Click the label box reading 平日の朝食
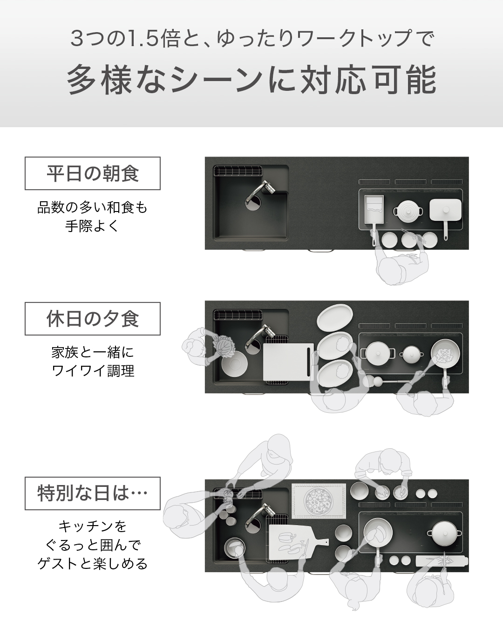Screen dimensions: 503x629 (92, 173)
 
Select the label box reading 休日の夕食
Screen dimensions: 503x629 (92, 319)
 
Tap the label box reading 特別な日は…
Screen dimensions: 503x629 (92, 493)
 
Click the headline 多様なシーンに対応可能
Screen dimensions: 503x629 (251, 80)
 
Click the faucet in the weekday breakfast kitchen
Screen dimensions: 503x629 (260, 193)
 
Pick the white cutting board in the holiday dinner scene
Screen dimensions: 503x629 (288, 362)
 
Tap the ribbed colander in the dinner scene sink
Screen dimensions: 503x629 (234, 364)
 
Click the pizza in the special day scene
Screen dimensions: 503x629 (319, 500)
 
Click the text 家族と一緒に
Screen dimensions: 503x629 (93, 352)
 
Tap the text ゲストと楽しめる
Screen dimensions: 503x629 (93, 563)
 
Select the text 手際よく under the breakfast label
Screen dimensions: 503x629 (92, 226)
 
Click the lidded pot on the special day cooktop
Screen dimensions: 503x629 (444, 533)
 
